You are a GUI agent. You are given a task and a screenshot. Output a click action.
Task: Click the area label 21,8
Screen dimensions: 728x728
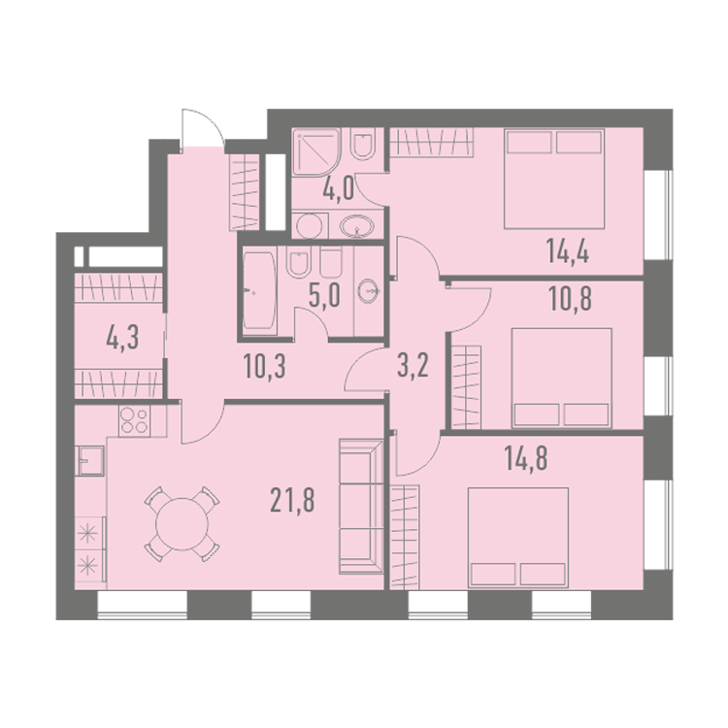coord(292,501)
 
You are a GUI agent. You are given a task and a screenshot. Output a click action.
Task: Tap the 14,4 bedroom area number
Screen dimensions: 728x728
coord(568,252)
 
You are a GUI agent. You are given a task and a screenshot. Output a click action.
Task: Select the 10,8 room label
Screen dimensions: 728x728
coord(570,299)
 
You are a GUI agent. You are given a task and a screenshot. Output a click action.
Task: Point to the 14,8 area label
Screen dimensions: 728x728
coord(526,458)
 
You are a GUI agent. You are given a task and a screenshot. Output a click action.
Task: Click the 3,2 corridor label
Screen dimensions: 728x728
coord(413,366)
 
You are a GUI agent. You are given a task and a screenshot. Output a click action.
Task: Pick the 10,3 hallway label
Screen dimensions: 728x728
coord(265,366)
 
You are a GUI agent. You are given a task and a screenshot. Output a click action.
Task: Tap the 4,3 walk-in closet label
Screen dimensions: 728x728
coord(122,338)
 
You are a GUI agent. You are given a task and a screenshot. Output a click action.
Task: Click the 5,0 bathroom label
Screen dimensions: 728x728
coord(324,296)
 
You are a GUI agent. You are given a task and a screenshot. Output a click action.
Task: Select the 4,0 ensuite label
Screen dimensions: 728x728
coord(339,189)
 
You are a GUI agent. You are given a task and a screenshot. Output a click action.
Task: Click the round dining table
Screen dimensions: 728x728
coord(182,524)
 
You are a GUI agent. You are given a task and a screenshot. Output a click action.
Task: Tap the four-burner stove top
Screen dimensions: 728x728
coord(134,420)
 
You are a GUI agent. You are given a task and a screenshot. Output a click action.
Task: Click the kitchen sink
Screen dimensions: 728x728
coord(91,460)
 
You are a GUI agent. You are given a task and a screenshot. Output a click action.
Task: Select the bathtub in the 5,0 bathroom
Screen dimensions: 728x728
coord(260,291)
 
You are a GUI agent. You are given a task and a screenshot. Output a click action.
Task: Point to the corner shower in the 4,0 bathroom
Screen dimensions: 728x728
coord(317,152)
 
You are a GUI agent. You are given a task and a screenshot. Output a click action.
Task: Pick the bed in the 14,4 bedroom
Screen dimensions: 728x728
coord(554,179)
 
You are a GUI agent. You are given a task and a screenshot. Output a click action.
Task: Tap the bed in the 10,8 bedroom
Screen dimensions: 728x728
coord(562,379)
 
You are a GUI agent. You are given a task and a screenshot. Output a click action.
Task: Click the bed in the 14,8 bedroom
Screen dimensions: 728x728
coord(518,537)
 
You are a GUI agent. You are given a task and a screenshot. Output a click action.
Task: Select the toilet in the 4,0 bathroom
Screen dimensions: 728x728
coord(363,144)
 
